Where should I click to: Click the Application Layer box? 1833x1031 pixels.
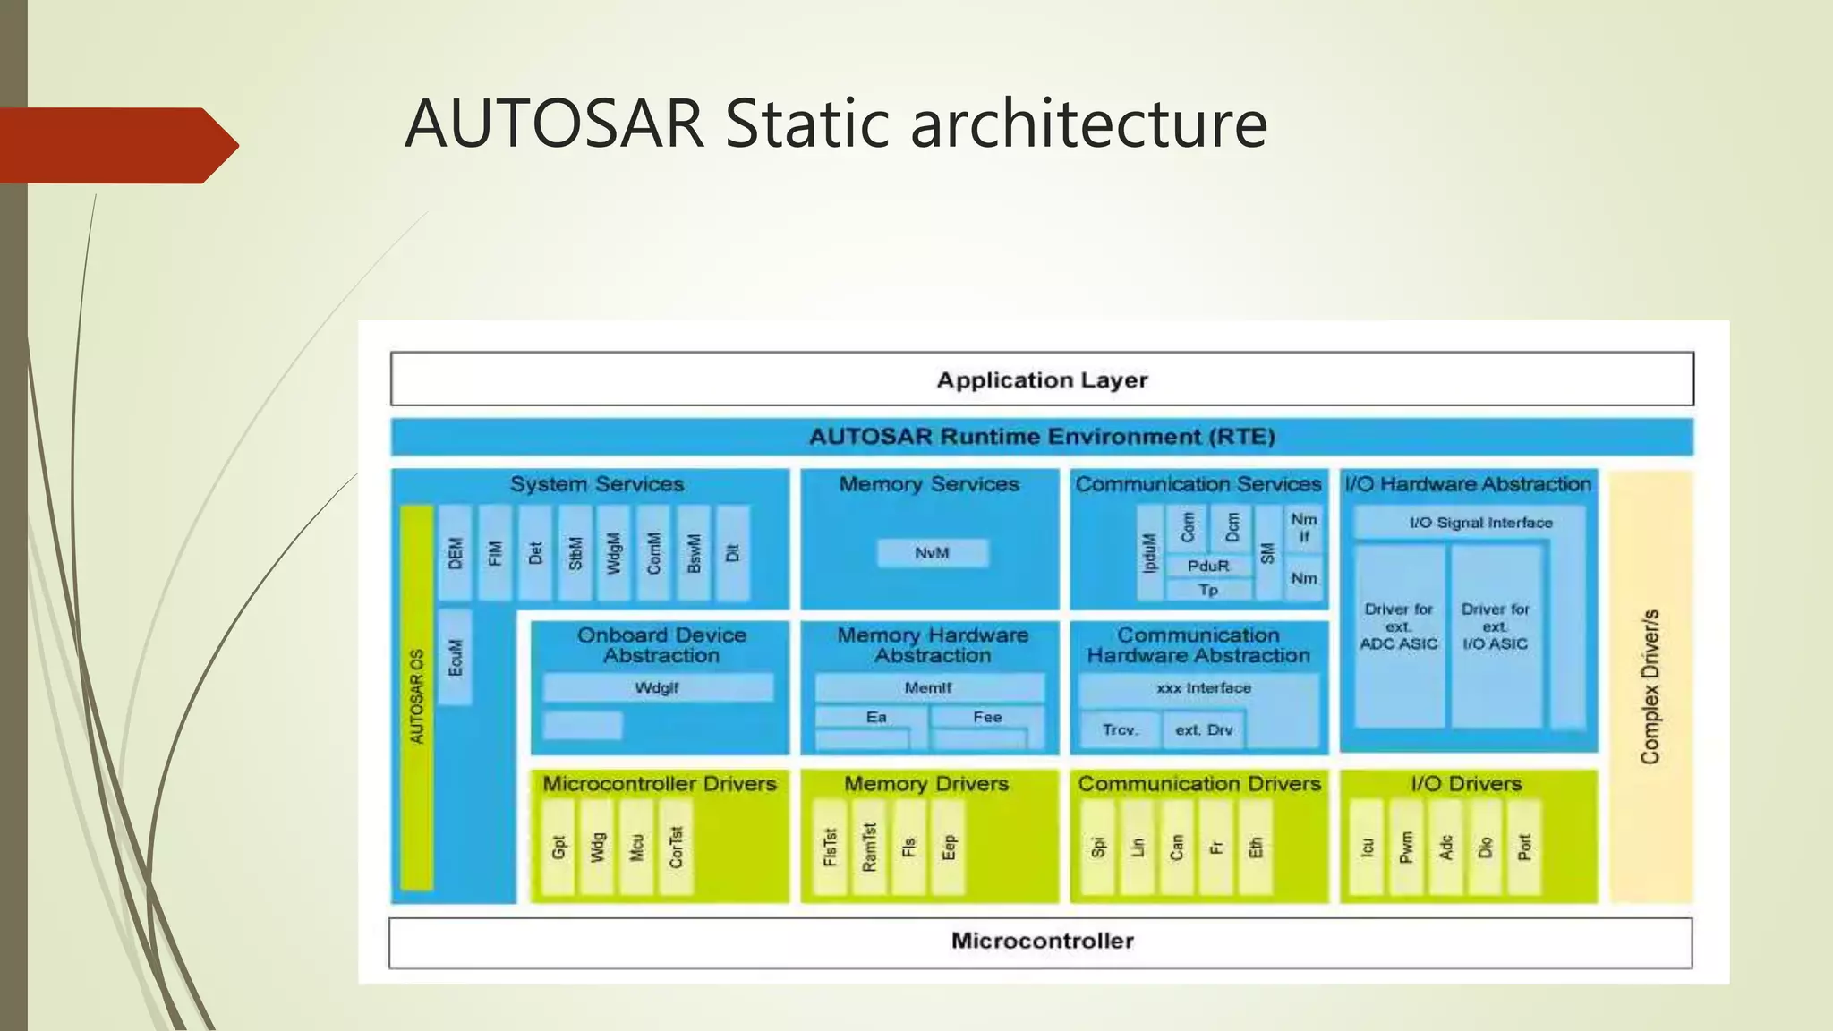[1042, 379]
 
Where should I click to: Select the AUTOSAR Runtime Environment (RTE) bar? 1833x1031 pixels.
[1042, 437]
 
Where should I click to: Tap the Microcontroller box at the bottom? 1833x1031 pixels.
[1042, 942]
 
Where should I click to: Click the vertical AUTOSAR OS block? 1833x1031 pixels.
[417, 698]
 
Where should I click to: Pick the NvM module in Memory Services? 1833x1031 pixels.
[933, 553]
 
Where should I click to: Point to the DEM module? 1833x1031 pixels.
[456, 553]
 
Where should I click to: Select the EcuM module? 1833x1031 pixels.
[456, 658]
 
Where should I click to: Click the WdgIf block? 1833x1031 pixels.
[658, 687]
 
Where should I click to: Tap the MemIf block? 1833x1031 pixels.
[929, 687]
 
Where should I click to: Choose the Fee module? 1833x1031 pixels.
[987, 718]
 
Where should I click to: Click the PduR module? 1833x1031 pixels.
[1208, 566]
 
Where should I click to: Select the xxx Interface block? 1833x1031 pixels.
[1203, 688]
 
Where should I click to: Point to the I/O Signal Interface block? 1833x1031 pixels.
[1480, 523]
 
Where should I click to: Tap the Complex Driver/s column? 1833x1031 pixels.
[1651, 687]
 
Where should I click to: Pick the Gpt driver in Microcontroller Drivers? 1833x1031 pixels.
[559, 847]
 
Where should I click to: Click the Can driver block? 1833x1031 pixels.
[1177, 847]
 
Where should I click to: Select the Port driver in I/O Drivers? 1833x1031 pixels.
[1524, 847]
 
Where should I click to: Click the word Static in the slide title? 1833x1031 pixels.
[808, 124]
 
